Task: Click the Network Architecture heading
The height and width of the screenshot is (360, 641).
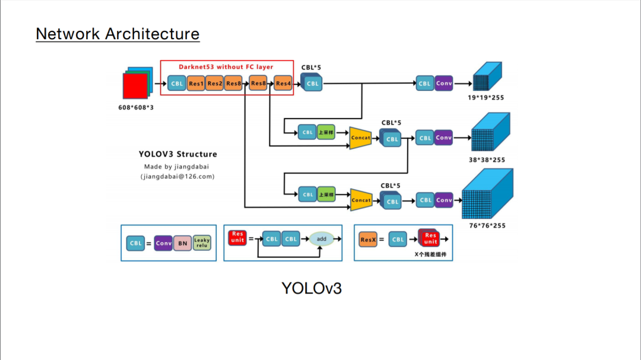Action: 118,34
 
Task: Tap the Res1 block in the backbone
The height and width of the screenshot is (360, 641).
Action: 196,84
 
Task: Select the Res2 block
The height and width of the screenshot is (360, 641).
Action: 215,84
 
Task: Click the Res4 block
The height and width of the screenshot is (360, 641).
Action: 284,84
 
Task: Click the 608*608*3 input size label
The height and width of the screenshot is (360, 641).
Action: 136,107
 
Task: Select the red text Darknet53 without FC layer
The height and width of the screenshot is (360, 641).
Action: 226,67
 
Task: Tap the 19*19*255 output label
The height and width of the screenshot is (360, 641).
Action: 485,98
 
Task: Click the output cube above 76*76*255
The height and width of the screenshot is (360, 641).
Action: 485,195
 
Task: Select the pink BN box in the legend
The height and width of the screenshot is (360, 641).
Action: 182,243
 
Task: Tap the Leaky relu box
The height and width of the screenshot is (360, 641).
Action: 202,243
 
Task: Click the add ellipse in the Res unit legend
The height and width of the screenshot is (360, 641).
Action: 321,239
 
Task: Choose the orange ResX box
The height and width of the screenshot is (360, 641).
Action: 369,240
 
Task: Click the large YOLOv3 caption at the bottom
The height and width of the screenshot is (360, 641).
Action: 312,288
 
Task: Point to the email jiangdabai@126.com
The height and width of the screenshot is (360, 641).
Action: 177,177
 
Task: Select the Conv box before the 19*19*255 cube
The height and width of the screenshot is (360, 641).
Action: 444,84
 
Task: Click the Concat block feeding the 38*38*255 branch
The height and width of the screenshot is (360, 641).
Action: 360,138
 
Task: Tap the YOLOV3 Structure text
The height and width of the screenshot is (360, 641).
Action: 178,154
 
